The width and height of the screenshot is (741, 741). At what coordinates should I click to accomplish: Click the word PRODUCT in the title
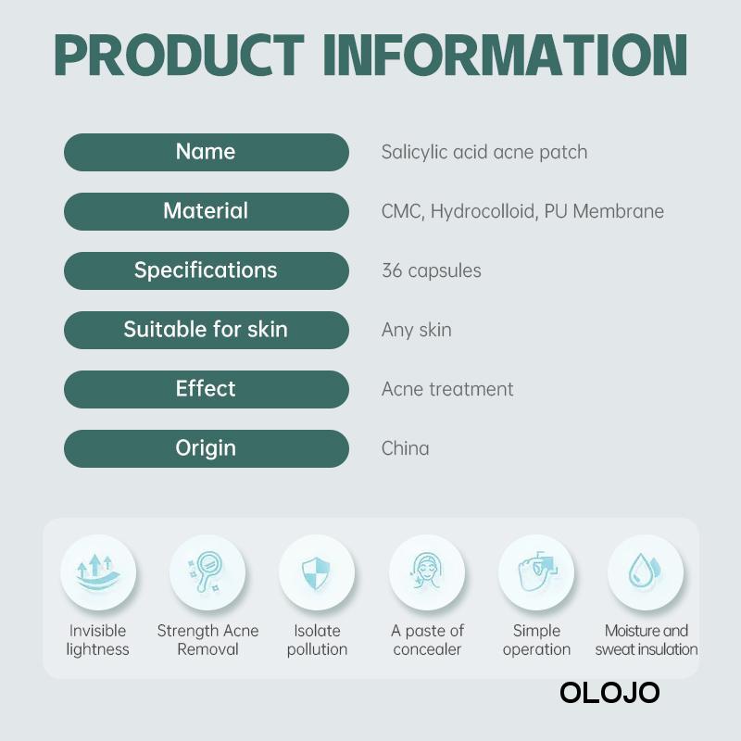[179, 55]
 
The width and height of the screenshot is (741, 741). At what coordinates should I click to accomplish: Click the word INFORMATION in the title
[505, 55]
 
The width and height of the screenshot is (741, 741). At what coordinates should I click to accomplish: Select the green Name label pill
[207, 152]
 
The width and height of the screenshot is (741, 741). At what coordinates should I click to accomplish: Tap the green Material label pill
[207, 211]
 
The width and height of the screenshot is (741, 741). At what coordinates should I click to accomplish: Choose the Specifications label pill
[207, 270]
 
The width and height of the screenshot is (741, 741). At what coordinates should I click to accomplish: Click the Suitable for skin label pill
[207, 330]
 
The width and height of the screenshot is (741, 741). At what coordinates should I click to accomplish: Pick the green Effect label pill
[207, 389]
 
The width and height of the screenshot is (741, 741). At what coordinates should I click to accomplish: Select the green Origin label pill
[207, 448]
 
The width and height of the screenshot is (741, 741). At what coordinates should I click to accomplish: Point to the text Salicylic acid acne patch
[484, 153]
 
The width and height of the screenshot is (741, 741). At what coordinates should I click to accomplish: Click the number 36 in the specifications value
[392, 270]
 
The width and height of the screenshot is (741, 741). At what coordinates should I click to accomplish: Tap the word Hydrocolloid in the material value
[484, 212]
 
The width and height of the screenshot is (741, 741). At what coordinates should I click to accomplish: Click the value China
[406, 448]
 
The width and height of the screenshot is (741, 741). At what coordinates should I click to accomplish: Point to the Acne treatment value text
[447, 389]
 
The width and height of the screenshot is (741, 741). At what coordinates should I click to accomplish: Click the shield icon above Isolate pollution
[316, 572]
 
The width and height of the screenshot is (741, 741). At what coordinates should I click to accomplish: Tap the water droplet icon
[644, 571]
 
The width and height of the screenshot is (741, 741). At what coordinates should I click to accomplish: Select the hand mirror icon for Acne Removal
[203, 571]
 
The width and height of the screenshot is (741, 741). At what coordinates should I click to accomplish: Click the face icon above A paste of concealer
[426, 571]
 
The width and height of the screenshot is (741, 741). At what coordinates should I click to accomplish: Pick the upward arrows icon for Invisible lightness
[98, 572]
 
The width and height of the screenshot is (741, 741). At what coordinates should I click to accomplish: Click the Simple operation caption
[536, 640]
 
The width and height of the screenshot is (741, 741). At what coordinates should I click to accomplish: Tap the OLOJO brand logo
[609, 693]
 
